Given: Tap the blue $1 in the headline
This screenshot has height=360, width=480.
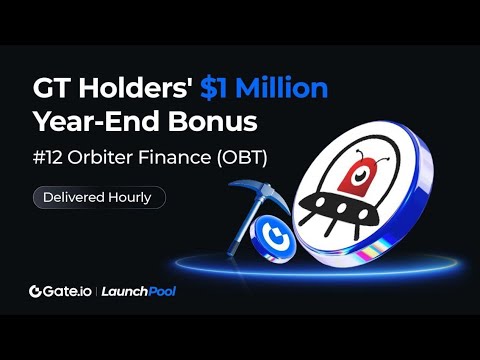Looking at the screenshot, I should click(219, 88).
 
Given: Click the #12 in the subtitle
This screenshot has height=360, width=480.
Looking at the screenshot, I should click(50, 158).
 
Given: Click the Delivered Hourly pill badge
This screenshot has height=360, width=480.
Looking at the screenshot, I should click(97, 197).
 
